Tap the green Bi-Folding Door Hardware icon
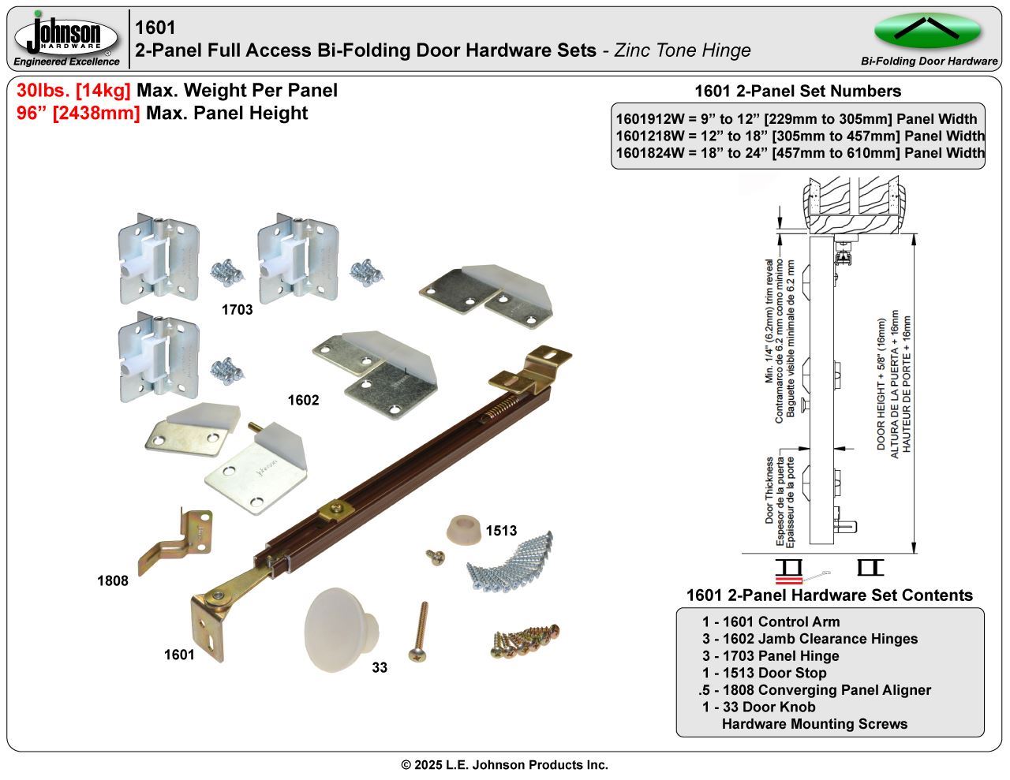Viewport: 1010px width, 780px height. pyautogui.click(x=928, y=31)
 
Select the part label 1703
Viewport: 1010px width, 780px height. pyautogui.click(x=237, y=310)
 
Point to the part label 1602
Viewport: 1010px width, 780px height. pyautogui.click(x=303, y=401)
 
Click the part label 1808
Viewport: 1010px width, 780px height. pyautogui.click(x=112, y=581)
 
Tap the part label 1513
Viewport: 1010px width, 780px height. pyautogui.click(x=501, y=531)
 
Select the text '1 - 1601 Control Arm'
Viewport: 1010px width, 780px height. pyautogui.click(x=771, y=621)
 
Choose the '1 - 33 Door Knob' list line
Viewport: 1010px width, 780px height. pyautogui.click(x=758, y=707)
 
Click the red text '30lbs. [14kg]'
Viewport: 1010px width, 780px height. pyautogui.click(x=73, y=91)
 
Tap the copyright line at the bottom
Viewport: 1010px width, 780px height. pyautogui.click(x=505, y=765)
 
